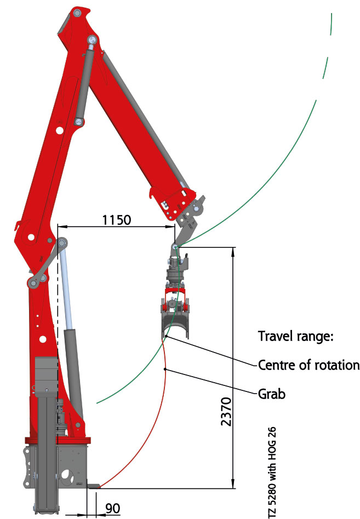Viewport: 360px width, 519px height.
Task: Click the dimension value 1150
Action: (117, 220)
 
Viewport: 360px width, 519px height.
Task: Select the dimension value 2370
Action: (226, 412)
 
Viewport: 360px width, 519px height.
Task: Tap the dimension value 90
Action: (113, 508)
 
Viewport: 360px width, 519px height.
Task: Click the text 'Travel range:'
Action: (295, 336)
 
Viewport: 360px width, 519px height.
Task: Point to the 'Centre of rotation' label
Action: (308, 365)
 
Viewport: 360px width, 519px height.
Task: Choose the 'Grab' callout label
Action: (272, 394)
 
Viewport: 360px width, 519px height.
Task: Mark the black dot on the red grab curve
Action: (165, 369)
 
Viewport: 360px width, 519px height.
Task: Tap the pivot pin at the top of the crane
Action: (77, 13)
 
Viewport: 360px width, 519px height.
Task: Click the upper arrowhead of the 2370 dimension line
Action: (233, 251)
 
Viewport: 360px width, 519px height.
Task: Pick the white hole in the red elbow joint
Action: (31, 237)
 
